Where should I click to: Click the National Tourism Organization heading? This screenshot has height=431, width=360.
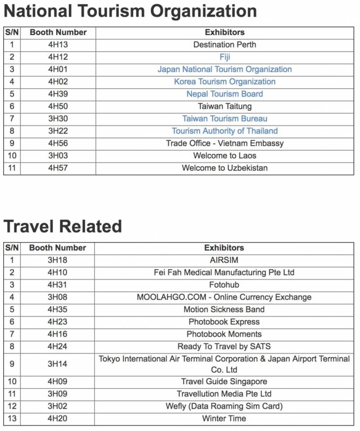tap(130, 11)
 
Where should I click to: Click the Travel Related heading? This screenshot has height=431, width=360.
tap(63, 226)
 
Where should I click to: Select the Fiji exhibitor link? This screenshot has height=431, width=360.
tap(225, 57)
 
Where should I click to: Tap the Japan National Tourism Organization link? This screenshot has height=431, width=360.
tap(225, 69)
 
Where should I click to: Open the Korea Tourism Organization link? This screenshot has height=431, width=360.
tap(225, 81)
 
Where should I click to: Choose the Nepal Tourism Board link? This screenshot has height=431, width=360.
tap(225, 94)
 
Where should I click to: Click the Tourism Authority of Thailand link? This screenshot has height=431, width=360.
tap(225, 131)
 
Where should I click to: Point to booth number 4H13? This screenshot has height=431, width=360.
tap(58, 45)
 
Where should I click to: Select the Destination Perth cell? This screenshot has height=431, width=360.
tap(225, 45)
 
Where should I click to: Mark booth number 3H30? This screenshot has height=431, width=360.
tap(58, 119)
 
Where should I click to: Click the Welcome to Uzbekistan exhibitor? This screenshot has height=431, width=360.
tap(225, 168)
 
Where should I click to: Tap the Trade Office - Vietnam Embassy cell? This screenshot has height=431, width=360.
tap(225, 144)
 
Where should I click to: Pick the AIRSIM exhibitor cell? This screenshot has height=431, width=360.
tap(224, 260)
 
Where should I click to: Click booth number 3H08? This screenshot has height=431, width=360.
tap(57, 297)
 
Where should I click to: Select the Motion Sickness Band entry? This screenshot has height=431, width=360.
tap(224, 310)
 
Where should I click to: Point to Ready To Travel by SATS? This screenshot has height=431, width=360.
tap(224, 346)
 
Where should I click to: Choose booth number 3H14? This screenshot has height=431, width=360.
tap(57, 364)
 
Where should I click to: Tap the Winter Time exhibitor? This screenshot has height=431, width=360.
tap(224, 418)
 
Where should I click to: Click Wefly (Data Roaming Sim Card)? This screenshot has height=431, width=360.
tap(224, 406)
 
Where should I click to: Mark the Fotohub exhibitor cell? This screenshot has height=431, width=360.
tap(224, 285)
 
